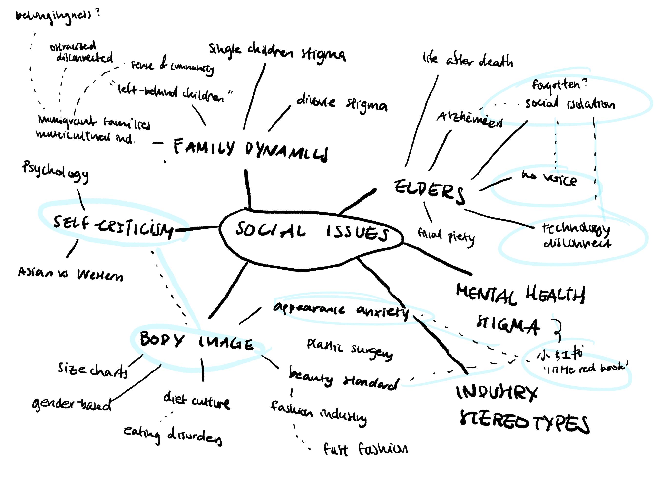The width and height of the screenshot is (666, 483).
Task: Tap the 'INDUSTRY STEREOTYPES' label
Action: tap(523, 410)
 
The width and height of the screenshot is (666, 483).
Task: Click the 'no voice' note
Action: tap(549, 179)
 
